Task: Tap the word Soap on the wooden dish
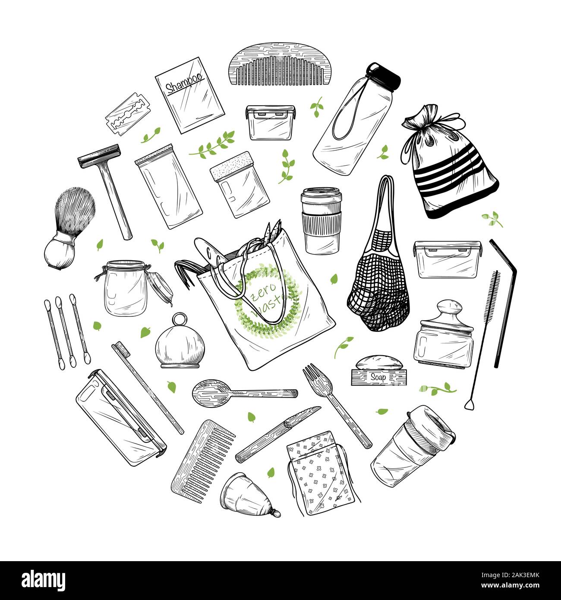click(378, 377)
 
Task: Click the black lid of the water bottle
click(384, 76)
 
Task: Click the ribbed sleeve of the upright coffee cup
click(321, 223)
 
